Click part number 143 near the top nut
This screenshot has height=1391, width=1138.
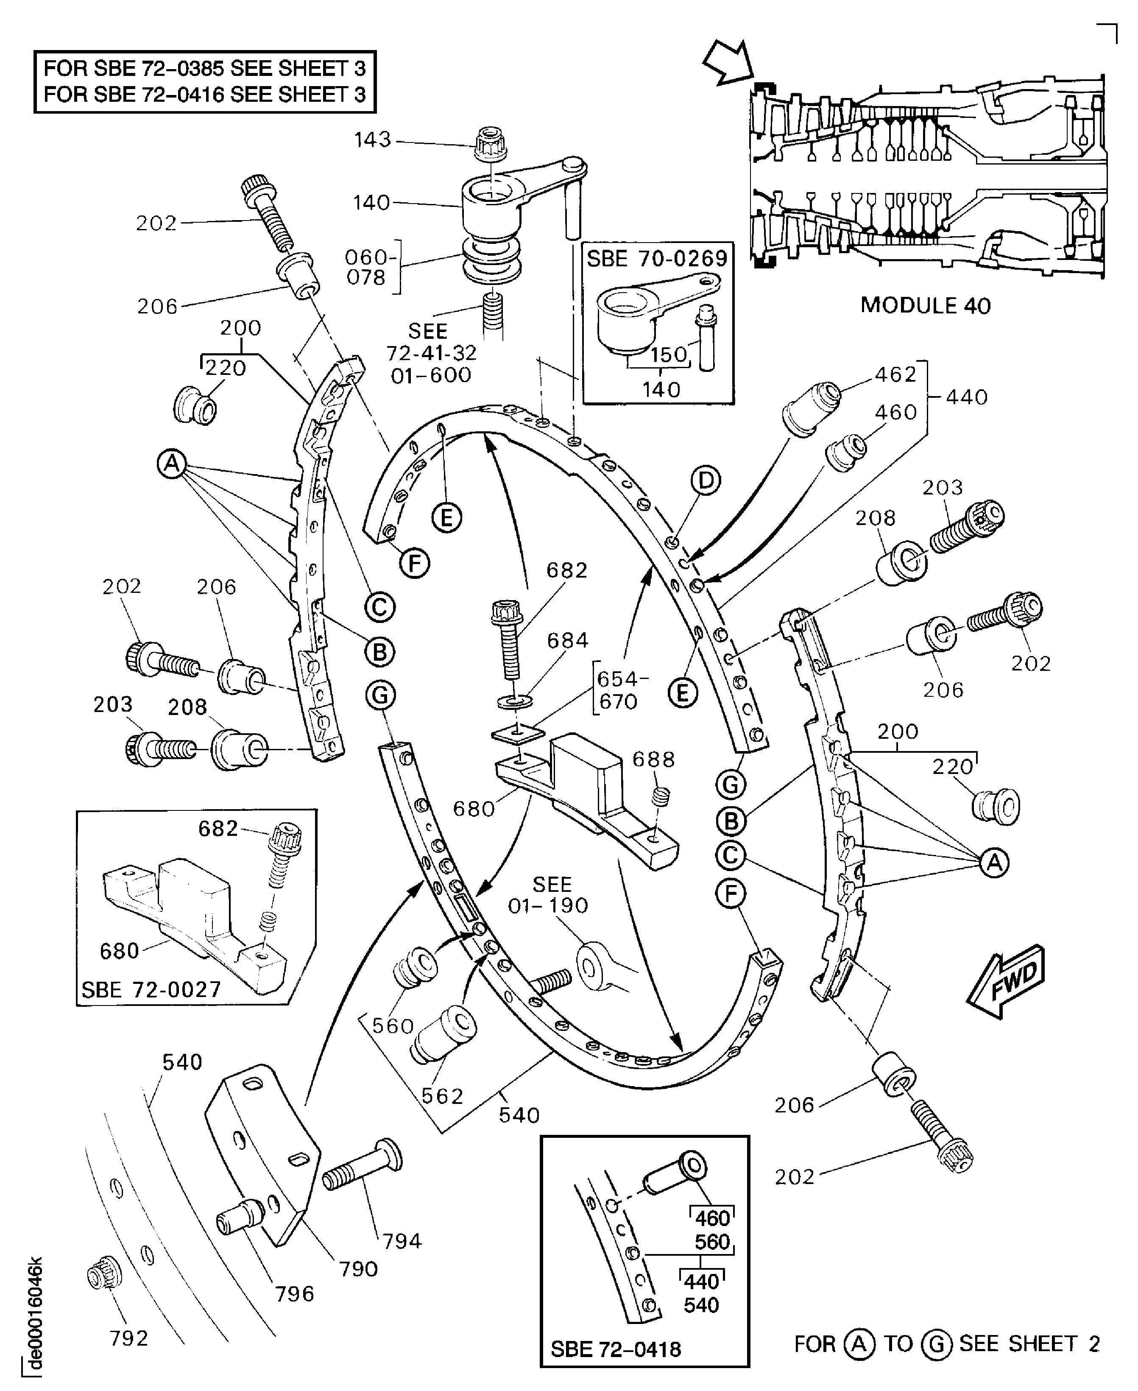pos(372,140)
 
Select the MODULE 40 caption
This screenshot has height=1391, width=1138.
pos(925,305)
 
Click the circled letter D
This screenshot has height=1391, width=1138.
pos(706,480)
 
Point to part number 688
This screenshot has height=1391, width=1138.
pos(653,759)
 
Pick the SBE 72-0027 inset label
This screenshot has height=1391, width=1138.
pos(151,989)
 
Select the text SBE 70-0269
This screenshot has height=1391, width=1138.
pos(657,258)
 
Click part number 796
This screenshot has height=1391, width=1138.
pos(294,1294)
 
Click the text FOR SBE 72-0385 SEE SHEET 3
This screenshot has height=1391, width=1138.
pos(204,68)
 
